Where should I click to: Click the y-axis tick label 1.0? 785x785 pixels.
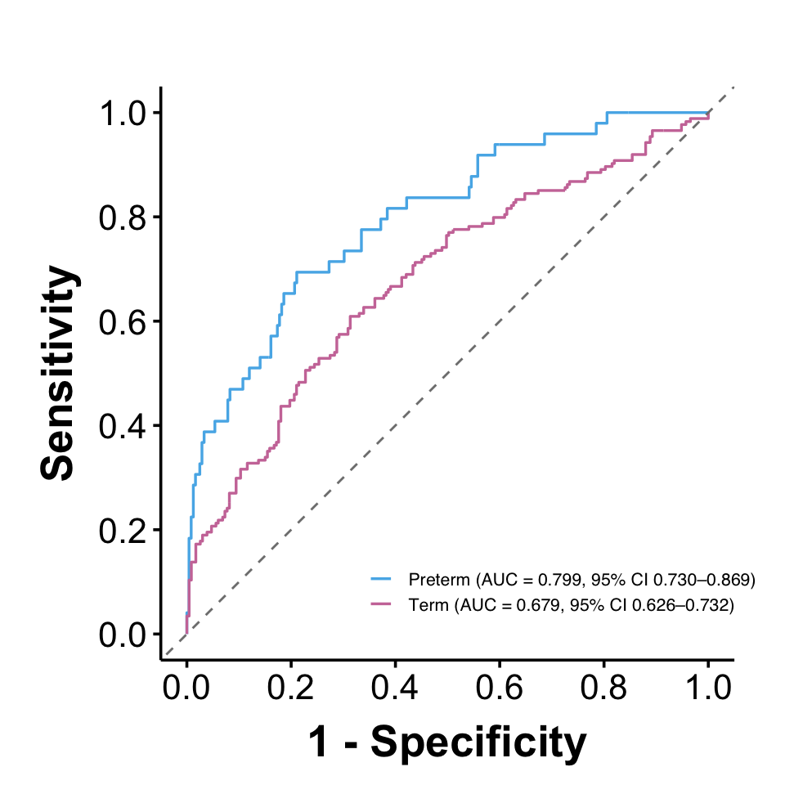coord(123,113)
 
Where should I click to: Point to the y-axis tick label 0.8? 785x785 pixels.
coord(123,218)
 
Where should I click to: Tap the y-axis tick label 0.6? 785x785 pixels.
coord(123,322)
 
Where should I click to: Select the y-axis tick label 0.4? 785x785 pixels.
coord(123,427)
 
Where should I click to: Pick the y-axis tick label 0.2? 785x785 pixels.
coord(123,531)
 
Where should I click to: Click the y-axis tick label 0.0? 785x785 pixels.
coord(123,635)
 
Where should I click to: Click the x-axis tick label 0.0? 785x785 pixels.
coord(186,687)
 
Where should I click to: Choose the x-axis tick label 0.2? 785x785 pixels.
coord(290,687)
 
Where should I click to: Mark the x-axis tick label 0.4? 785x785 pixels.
coord(395,687)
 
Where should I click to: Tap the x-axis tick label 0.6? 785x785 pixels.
coord(499,687)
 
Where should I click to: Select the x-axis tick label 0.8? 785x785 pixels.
coord(603,687)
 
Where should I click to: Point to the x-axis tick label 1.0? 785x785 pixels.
coord(708,687)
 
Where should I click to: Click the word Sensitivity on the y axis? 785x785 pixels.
coord(59,373)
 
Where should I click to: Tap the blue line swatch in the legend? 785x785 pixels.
coord(380,579)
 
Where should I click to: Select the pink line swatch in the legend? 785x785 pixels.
coord(380,604)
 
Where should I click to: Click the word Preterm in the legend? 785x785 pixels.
coord(439,580)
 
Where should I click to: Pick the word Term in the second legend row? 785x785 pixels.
coord(428,605)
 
